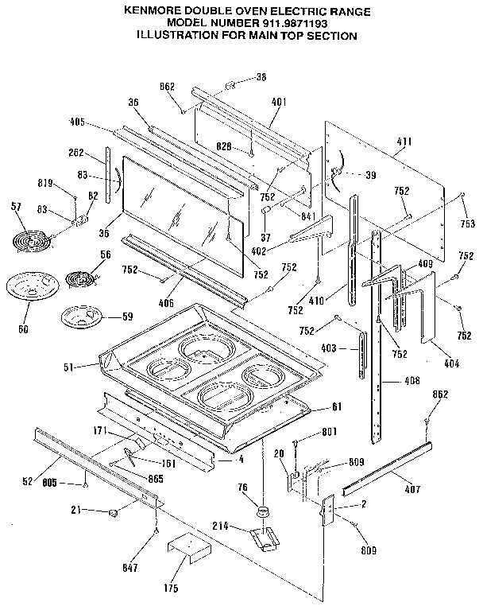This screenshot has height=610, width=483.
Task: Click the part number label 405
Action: pyautogui.click(x=76, y=122)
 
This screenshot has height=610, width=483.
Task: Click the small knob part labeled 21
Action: pyautogui.click(x=114, y=511)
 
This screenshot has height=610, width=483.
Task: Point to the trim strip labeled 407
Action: pyautogui.click(x=387, y=476)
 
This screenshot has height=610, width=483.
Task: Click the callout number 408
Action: pyautogui.click(x=411, y=381)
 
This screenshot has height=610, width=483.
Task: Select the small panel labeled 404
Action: pyautogui.click(x=432, y=306)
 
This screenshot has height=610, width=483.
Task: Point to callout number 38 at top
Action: pyautogui.click(x=261, y=77)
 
